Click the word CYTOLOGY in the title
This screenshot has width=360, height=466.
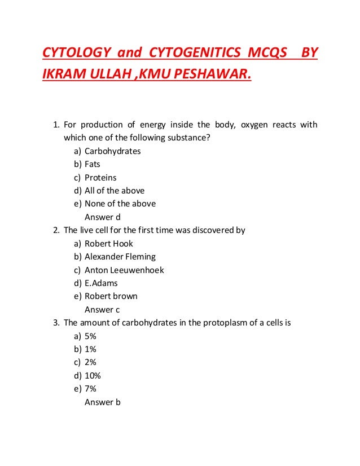pos(74,52)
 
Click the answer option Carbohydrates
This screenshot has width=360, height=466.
pos(112,151)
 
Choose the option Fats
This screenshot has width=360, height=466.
pos(92,164)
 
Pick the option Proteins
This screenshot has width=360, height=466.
pos(100,177)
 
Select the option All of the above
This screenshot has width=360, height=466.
pos(115,190)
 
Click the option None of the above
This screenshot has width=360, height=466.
pos(120,203)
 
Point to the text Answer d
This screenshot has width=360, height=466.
pos(103,217)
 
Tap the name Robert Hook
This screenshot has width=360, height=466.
pos(109,243)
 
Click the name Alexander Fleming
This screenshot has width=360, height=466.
pos(120,257)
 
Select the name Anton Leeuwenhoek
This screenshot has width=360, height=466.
pos(124,270)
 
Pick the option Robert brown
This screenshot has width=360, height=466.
pos(111,296)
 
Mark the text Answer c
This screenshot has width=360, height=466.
pos(102,310)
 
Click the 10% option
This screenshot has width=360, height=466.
pos(93,376)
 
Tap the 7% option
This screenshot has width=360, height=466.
pos(90,389)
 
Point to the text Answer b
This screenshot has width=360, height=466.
pos(103,402)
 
